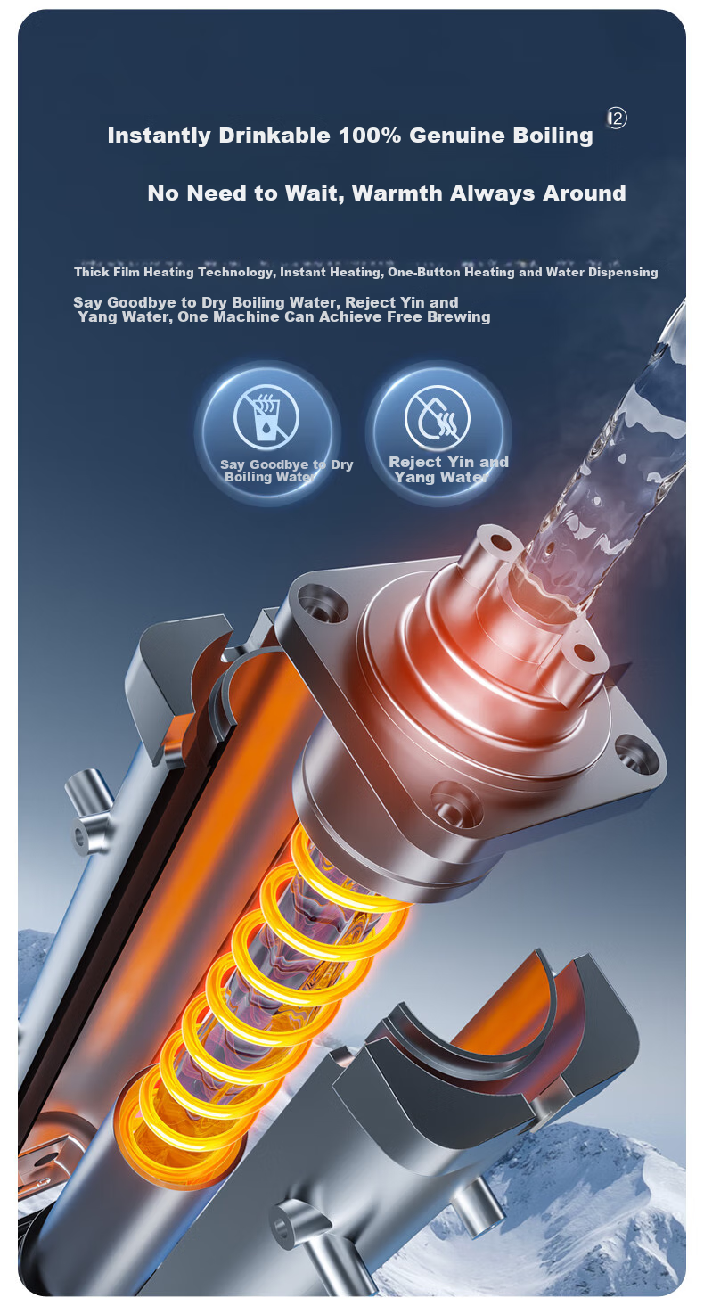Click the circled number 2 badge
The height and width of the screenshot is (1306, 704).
tap(617, 119)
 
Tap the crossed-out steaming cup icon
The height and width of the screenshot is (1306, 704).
tap(266, 417)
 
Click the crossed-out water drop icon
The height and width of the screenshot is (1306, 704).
tap(437, 416)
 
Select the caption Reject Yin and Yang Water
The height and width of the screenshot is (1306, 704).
tap(448, 469)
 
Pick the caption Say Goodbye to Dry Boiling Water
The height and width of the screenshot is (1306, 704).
tap(286, 471)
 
